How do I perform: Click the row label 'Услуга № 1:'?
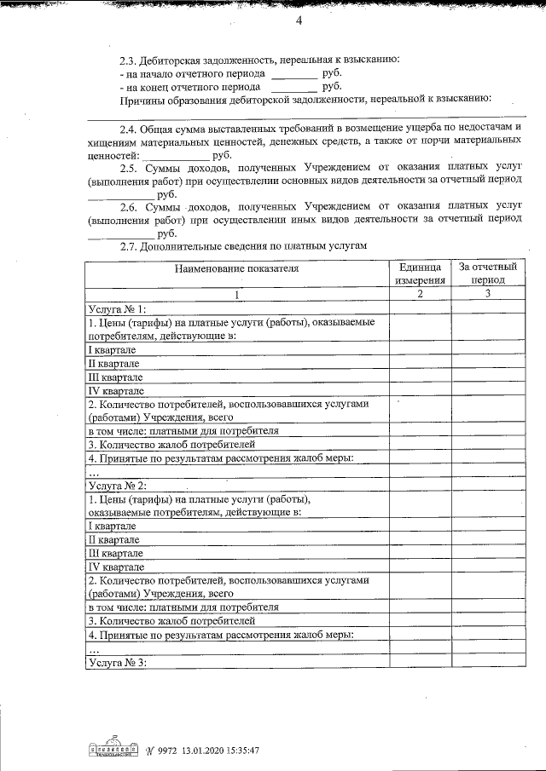coord(118,308)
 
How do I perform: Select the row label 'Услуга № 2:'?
coord(118,485)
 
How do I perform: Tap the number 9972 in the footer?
coord(168,751)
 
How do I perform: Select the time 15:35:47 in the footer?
coord(242,751)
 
